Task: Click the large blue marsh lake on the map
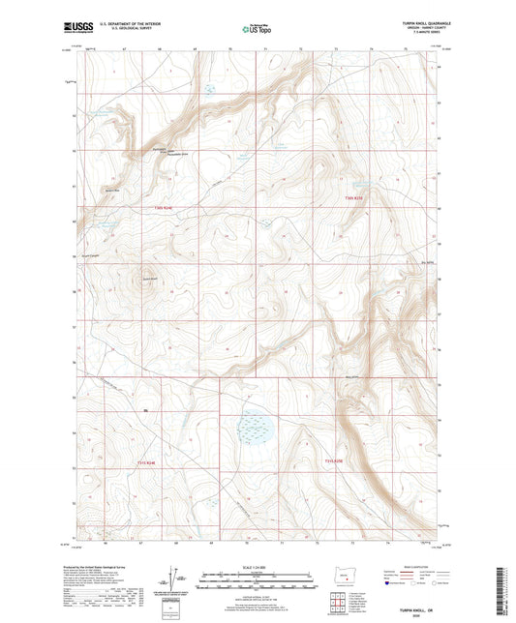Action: click(257, 425)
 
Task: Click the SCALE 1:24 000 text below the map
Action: click(258, 567)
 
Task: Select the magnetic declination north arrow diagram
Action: click(178, 582)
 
